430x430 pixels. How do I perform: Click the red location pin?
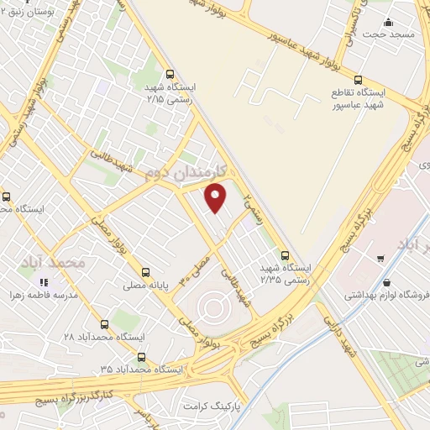[x=217, y=198]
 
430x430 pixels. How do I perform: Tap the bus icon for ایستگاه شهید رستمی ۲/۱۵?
[x=170, y=73]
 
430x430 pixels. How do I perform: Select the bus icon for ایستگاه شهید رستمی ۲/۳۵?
[x=285, y=254]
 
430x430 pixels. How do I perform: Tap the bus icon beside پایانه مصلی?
[x=146, y=272]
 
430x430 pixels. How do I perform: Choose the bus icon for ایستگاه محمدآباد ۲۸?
[x=104, y=324]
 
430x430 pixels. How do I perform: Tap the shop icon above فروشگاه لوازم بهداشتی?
[x=385, y=283]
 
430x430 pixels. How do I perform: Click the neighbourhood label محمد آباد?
[x=63, y=262]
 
